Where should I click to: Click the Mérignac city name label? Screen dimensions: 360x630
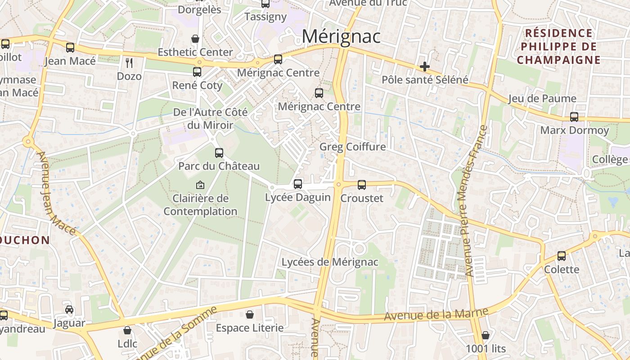pos(341,36)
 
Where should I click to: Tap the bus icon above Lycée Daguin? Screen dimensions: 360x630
pos(297,184)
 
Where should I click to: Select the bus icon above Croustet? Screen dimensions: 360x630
pos(362,184)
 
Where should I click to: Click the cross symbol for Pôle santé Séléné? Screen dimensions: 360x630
pos(424,67)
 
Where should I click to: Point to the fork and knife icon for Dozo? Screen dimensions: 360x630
pos(129,63)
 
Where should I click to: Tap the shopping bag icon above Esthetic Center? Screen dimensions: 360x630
pos(195,39)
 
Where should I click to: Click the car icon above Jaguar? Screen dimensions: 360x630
pos(69,310)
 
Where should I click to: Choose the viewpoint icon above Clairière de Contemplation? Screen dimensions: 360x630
pos(200,185)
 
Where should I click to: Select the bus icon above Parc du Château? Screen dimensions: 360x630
pos(219,153)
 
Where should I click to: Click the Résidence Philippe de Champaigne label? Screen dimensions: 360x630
pos(558,46)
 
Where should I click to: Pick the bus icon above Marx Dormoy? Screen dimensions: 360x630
pos(574,117)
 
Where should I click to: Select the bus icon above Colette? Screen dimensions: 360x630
pos(562,256)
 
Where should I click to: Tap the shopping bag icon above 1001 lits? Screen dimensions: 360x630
pos(486,335)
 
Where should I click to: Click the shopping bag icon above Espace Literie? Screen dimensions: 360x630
pos(250,315)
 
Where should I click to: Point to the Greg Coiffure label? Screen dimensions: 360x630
pos(352,147)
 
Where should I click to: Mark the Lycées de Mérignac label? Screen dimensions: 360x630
pos(330,262)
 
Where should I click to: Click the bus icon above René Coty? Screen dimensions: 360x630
pos(197,72)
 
